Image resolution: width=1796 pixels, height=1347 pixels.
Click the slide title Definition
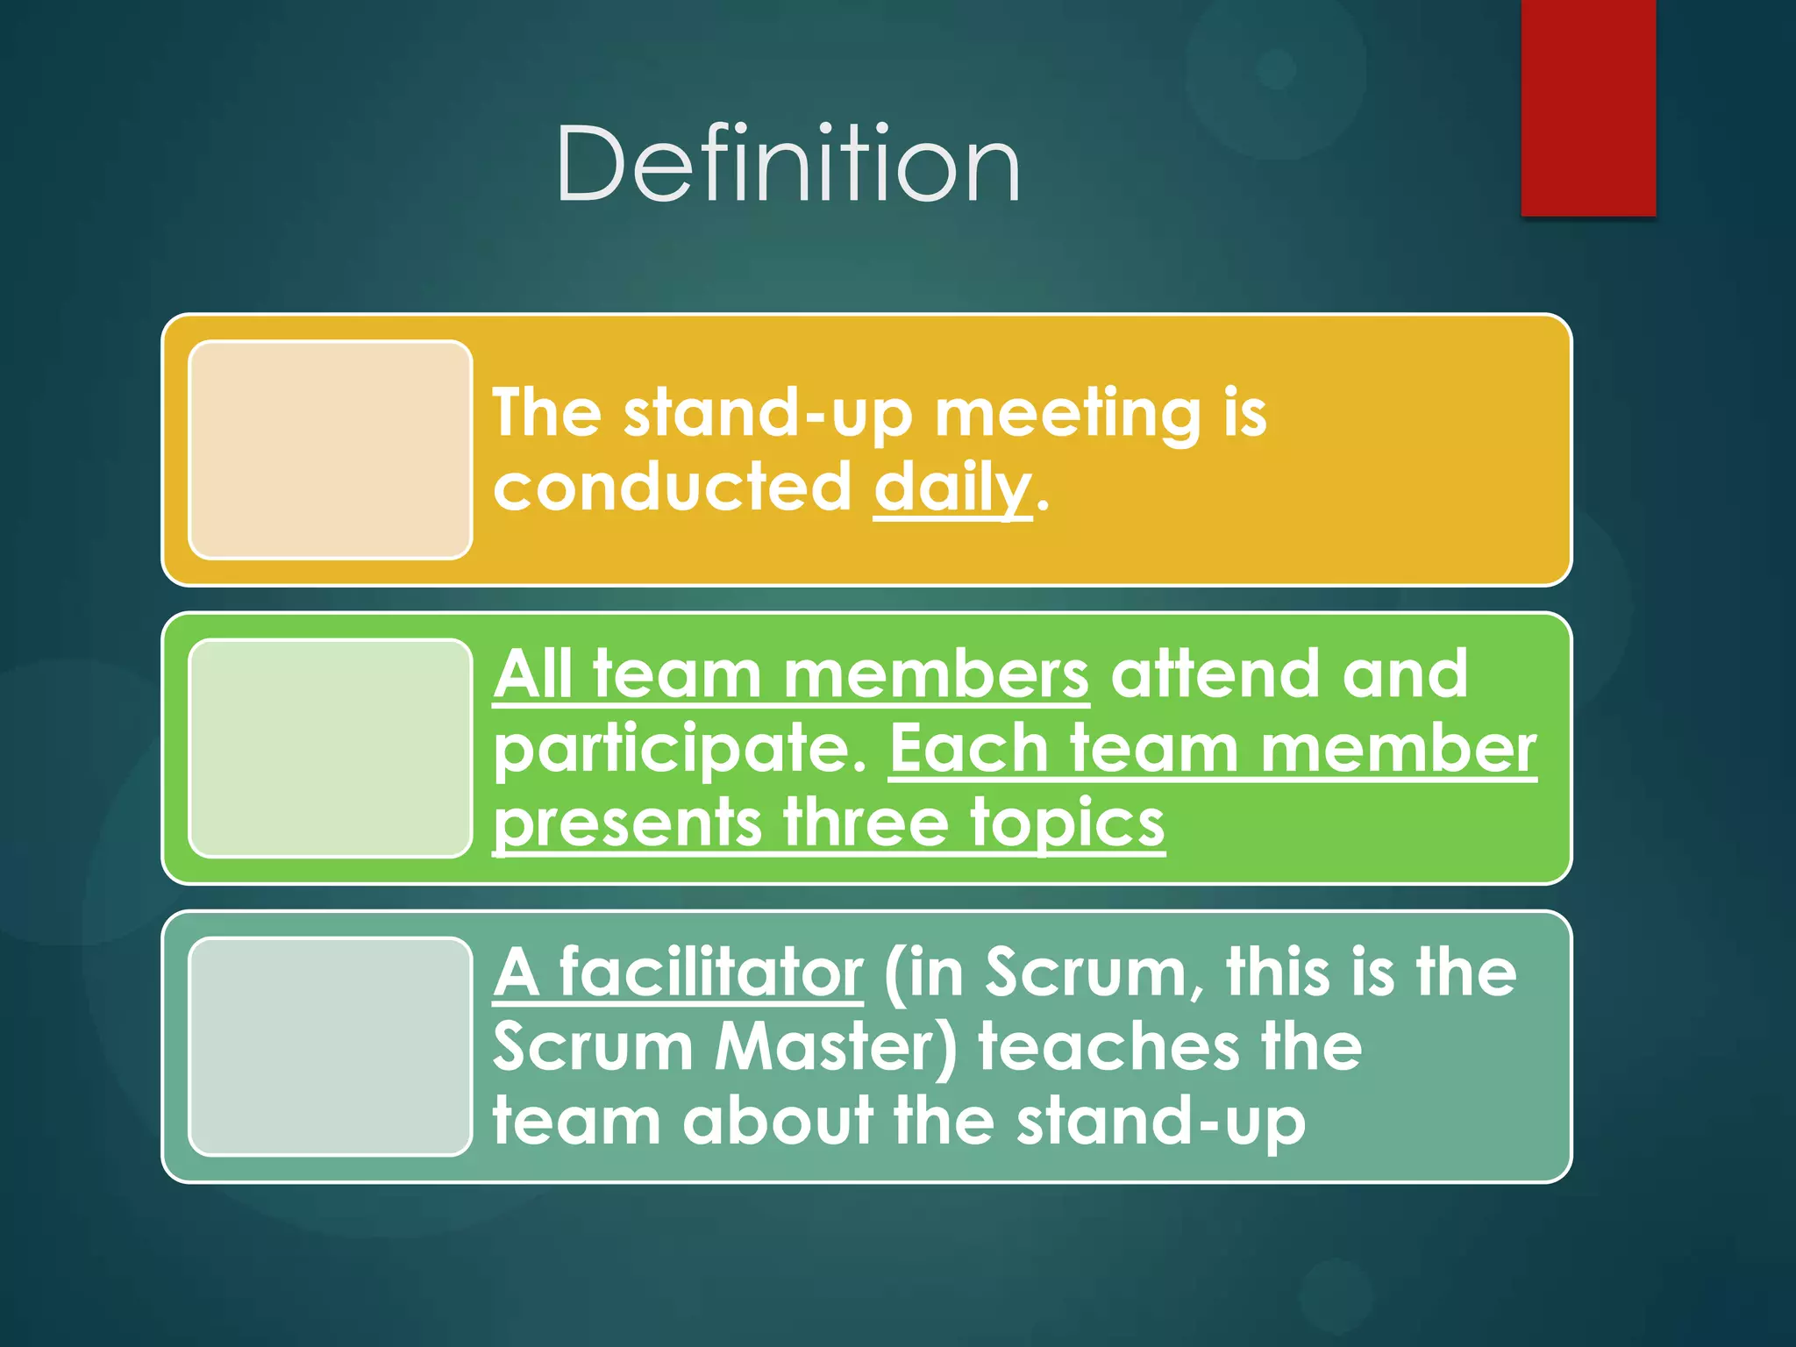pyautogui.click(x=788, y=165)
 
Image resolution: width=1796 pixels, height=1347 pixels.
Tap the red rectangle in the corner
pyautogui.click(x=1587, y=107)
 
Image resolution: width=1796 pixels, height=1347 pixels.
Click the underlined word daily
pyautogui.click(x=952, y=488)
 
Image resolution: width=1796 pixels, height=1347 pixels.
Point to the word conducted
pyautogui.click(x=672, y=488)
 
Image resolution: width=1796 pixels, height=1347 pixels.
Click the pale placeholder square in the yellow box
pyautogui.click(x=331, y=450)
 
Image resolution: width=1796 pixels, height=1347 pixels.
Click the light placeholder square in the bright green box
pyautogui.click(x=331, y=748)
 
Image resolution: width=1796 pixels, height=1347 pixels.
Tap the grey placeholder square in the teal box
pyautogui.click(x=331, y=1046)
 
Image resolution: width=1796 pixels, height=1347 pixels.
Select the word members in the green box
pyautogui.click(x=936, y=674)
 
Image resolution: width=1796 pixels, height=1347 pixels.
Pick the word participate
pyautogui.click(x=681, y=751)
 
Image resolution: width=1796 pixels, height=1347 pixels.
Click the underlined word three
pyautogui.click(x=866, y=823)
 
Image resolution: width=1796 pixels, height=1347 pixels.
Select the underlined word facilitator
pyautogui.click(x=710, y=973)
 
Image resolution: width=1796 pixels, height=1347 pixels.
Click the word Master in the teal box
pyautogui.click(x=836, y=1047)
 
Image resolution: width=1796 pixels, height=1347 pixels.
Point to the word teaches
pyautogui.click(x=1108, y=1047)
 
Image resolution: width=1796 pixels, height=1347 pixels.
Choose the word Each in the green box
pyautogui.click(x=968, y=749)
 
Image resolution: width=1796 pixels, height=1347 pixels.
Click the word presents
pyautogui.click(x=628, y=825)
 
